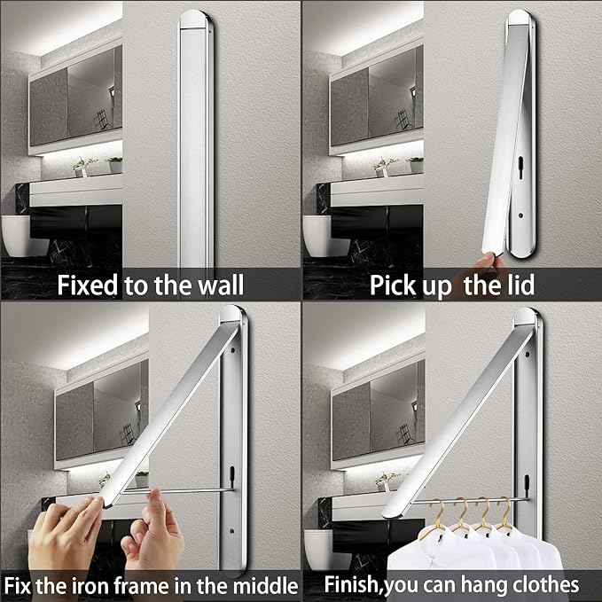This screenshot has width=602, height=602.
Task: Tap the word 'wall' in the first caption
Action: pos(221,286)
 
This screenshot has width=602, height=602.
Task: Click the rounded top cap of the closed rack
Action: pos(196,19)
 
